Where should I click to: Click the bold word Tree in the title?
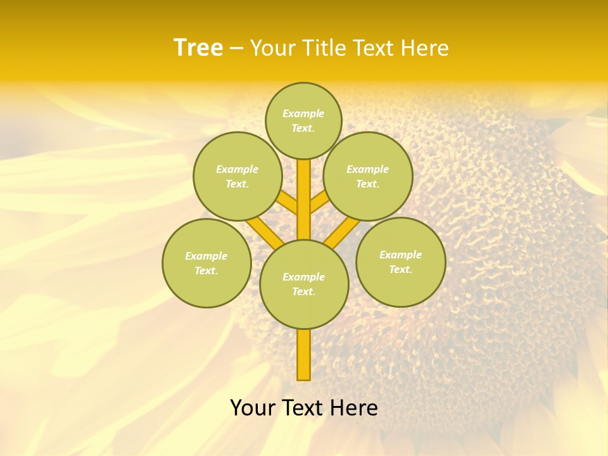pyautogui.click(x=198, y=47)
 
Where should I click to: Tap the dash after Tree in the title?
pyautogui.click(x=236, y=49)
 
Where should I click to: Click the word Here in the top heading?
pyautogui.click(x=427, y=48)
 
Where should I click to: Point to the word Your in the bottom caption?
pyautogui.click(x=253, y=408)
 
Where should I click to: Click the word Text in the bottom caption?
pyautogui.click(x=303, y=408)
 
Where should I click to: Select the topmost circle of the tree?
pyautogui.click(x=303, y=120)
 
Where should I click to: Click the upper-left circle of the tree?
pyautogui.click(x=237, y=176)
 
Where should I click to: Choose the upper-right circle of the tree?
pyautogui.click(x=368, y=176)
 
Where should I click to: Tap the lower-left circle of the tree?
pyautogui.click(x=206, y=263)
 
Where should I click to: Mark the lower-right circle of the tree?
pyautogui.click(x=400, y=262)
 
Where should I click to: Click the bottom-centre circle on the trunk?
pyautogui.click(x=304, y=284)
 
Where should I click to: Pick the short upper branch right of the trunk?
pyautogui.click(x=319, y=203)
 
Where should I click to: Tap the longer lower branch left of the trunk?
pyautogui.click(x=265, y=232)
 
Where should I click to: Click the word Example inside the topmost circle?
pyautogui.click(x=303, y=114)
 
